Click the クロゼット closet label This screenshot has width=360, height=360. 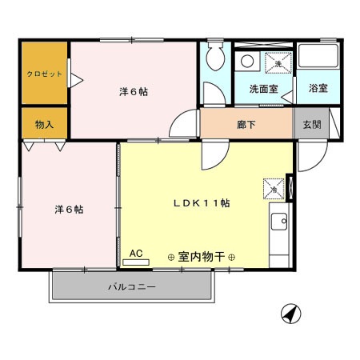click(x=44, y=73)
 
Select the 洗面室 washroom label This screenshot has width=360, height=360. click(x=263, y=89)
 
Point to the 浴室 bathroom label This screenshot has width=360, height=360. click(x=318, y=89)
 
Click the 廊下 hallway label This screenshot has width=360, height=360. click(x=246, y=125)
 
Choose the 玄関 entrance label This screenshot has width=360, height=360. click(x=312, y=125)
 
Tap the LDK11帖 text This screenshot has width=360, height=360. click(x=202, y=203)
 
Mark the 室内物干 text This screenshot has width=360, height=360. click(x=201, y=257)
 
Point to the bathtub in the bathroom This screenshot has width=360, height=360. click(x=318, y=58)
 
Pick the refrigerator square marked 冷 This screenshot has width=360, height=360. click(x=273, y=190)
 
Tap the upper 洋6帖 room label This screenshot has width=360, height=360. click(x=133, y=91)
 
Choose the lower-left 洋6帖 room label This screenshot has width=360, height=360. click(x=70, y=210)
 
